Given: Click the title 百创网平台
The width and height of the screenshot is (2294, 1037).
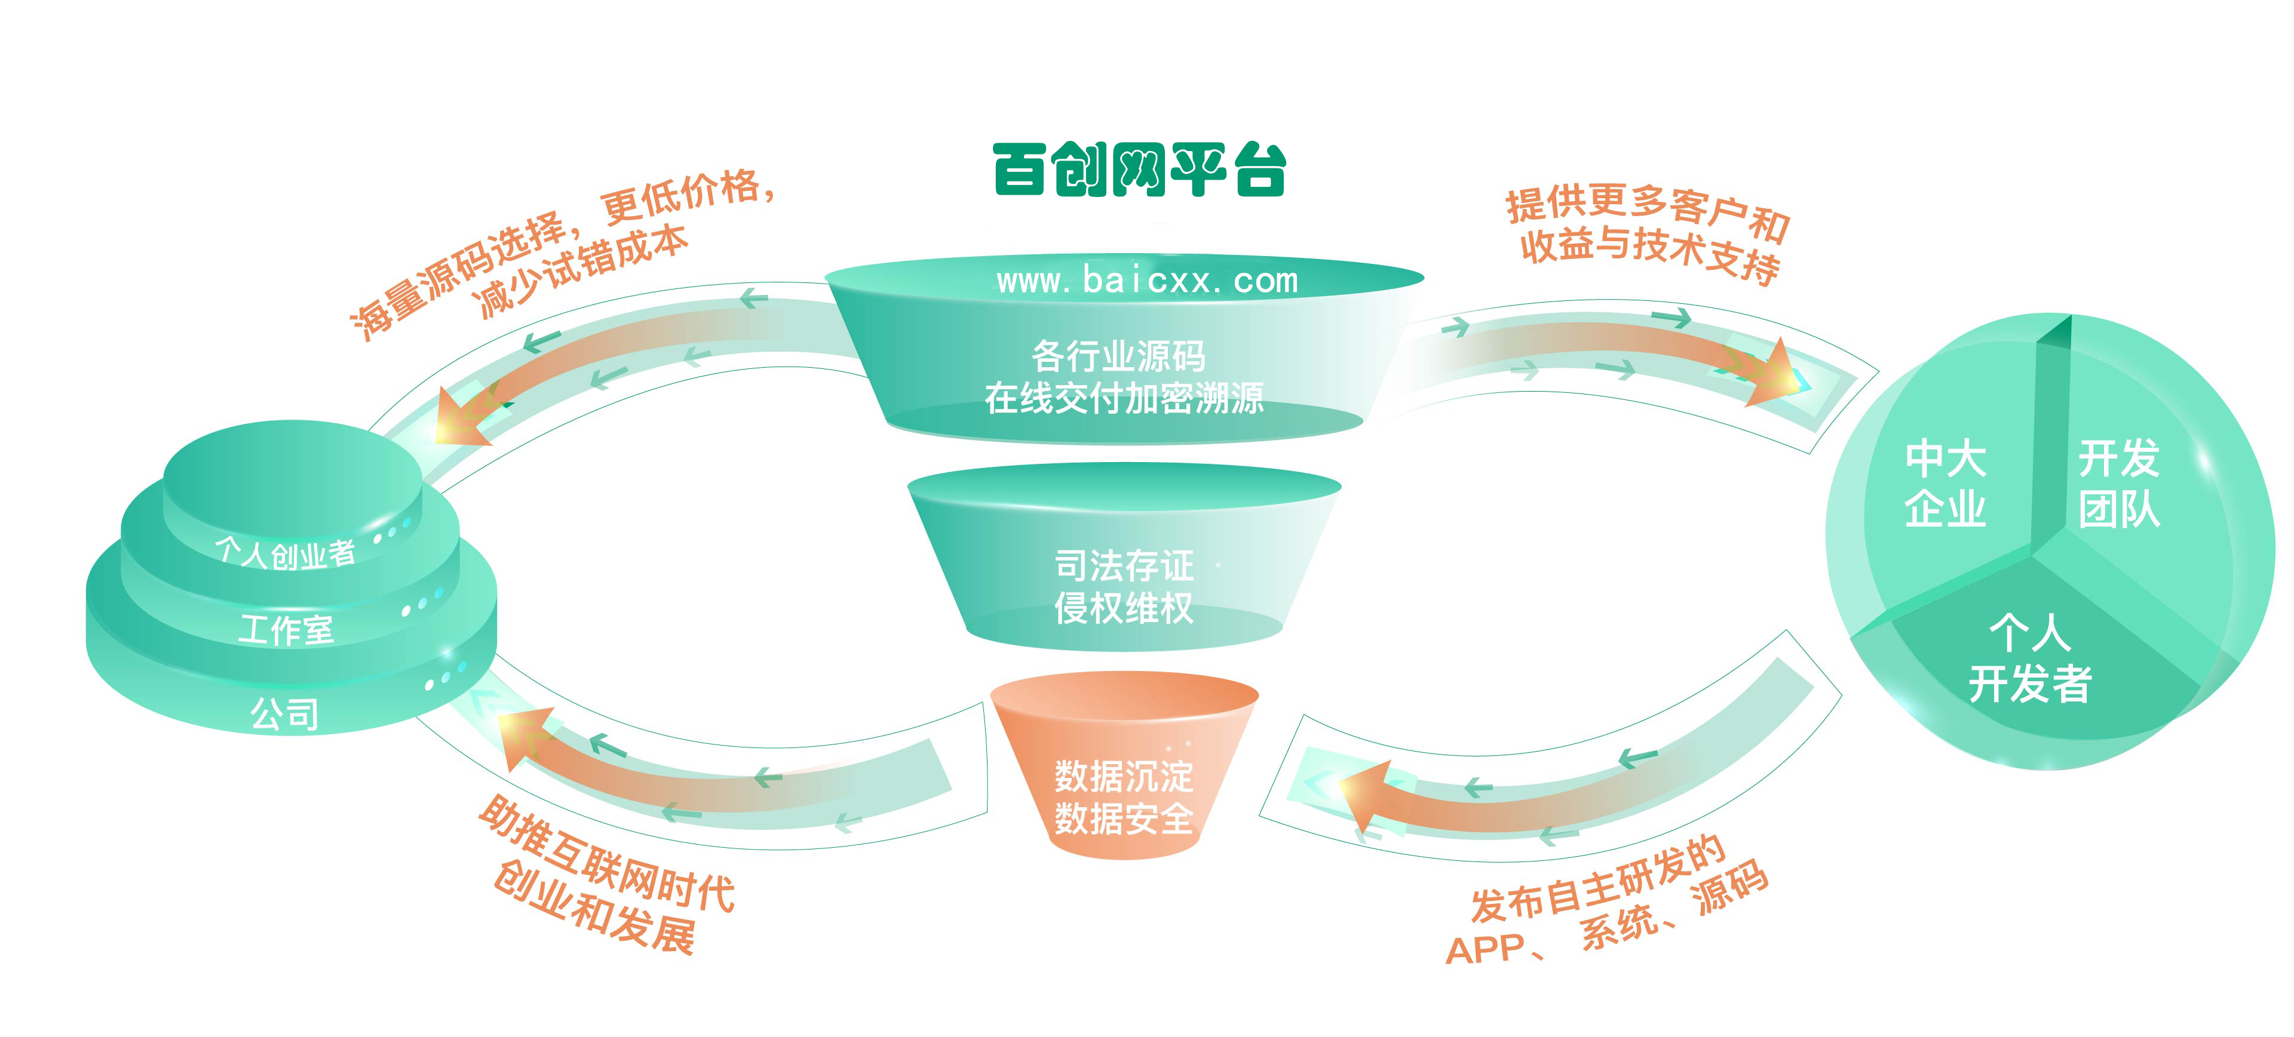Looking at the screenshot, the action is [x=1139, y=169].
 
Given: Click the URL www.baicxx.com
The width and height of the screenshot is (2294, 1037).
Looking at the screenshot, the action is [x=1147, y=281].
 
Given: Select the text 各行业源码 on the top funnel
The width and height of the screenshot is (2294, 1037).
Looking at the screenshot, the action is [x=1118, y=356].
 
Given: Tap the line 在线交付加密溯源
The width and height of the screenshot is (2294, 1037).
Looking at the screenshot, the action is [x=1124, y=398].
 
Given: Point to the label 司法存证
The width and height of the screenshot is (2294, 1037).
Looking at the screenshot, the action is [x=1124, y=565].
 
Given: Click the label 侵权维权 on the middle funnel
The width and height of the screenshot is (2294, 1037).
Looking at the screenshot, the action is [x=1124, y=608].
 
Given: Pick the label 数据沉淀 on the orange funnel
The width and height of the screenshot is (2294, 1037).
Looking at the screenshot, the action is [x=1124, y=776].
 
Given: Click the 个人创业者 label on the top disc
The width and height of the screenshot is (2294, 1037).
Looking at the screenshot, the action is [x=285, y=553].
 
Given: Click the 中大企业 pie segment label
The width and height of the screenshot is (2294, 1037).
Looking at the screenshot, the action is [x=1945, y=484].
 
